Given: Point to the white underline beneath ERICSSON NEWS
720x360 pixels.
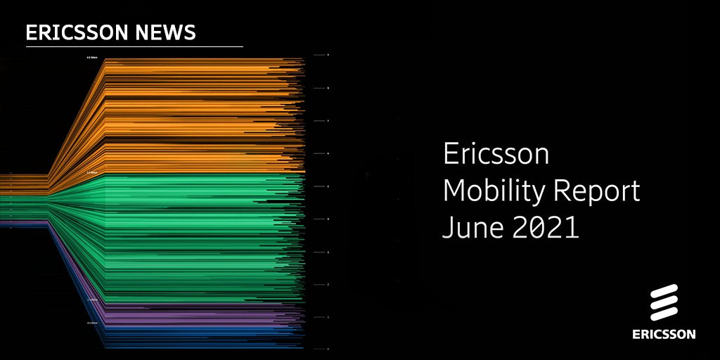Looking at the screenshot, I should click(134, 46).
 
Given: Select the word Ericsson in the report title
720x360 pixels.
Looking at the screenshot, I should click(495, 155).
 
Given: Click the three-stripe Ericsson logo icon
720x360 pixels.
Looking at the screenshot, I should click(663, 303).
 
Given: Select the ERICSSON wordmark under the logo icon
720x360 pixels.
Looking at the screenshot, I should click(663, 334).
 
